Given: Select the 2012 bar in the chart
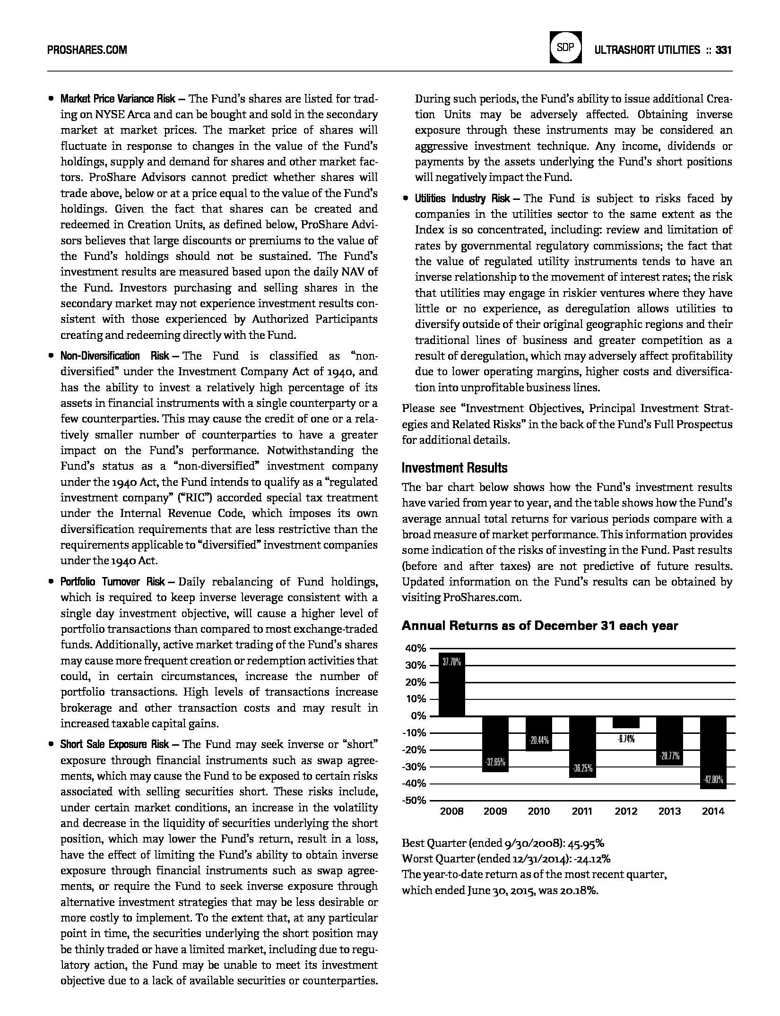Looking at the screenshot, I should (x=626, y=722).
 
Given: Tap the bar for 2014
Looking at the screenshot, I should (x=713, y=752).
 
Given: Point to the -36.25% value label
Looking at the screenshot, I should (x=582, y=768).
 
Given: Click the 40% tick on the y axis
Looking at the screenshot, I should (x=416, y=648).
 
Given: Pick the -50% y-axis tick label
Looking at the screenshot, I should (x=414, y=801).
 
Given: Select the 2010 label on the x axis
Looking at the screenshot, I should (x=539, y=811).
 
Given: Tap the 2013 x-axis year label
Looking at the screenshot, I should (x=669, y=811).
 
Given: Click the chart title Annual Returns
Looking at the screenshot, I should (x=540, y=626).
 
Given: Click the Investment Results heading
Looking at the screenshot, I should (x=454, y=468).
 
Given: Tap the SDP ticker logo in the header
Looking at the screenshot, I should (x=565, y=47).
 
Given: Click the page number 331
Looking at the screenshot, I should (x=724, y=50).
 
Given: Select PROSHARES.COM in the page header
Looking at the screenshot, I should (x=87, y=50).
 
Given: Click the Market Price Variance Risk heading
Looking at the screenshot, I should (x=118, y=99).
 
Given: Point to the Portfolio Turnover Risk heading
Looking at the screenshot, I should (x=113, y=582).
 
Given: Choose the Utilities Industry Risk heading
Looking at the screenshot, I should (x=462, y=198).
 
